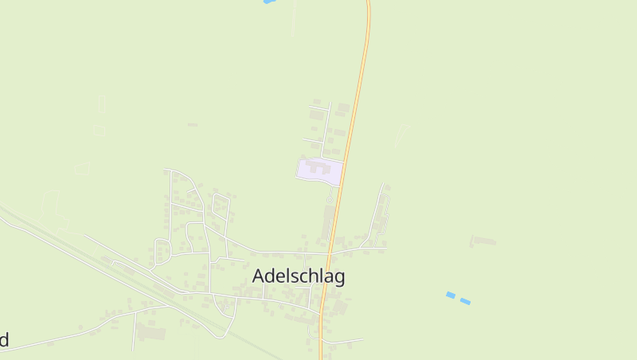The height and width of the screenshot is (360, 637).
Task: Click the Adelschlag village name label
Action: pos(299,276)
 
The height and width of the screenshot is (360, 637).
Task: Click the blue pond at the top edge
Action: pos(268,2)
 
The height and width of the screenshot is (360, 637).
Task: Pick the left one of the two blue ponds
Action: pos(451,295)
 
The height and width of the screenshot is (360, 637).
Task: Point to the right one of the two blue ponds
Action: pos(465,301)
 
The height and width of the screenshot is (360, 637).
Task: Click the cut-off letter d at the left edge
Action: pos(4,340)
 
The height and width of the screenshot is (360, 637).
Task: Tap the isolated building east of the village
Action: pos(483,240)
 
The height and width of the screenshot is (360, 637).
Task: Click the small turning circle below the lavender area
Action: pos(331,192)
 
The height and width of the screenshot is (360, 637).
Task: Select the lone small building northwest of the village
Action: pos(193,124)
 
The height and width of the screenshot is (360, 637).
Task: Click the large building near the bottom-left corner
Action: pos(152,332)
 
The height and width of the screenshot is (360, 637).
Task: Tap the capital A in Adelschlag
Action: pos(260,276)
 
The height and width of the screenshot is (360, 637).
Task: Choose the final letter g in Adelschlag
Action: pos(339,279)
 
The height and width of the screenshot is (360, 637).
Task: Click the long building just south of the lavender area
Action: pos(327,221)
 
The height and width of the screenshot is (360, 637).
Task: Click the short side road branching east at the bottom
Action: pos(342,342)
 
